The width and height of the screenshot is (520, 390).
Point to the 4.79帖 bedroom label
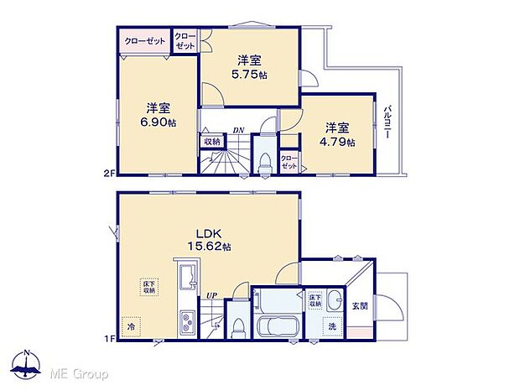tap(340, 135)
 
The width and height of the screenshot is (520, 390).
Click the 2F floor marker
tap(108, 174)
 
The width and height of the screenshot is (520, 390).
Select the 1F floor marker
tap(108, 338)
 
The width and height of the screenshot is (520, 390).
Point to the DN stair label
tap(238, 130)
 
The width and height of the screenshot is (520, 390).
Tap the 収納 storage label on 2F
tap(211, 142)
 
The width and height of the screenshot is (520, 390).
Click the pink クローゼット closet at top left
tap(143, 41)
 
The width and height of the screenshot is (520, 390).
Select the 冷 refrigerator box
tap(131, 323)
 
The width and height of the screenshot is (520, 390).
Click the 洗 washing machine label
tap(332, 325)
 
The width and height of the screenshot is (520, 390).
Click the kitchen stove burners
tap(186, 320)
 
